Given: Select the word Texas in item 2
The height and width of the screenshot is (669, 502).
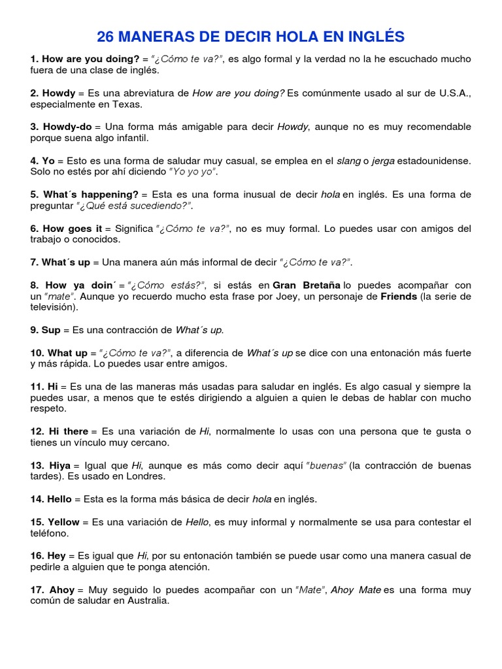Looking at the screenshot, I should click(128, 104).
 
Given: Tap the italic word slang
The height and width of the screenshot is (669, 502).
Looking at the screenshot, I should click(348, 161).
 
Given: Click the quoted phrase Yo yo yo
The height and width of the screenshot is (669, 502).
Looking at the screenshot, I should click(193, 172).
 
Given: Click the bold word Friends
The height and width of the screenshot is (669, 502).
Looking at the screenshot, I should click(399, 296).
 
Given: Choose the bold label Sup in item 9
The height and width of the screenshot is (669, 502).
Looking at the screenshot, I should click(51, 330).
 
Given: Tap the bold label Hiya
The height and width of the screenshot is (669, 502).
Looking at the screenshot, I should click(59, 465).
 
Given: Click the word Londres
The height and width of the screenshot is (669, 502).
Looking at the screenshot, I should click(147, 476).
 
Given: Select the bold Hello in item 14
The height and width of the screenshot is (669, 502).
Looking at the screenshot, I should click(59, 499).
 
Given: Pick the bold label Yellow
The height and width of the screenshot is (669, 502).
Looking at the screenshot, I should click(63, 522).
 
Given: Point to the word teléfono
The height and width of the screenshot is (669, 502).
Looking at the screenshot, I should click(49, 533).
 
